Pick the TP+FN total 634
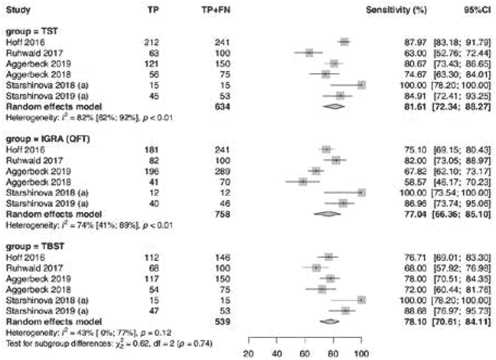pos(222,107)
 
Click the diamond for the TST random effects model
pos(335,107)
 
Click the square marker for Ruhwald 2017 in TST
pos(309,53)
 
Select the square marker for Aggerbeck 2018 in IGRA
pos(303,182)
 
